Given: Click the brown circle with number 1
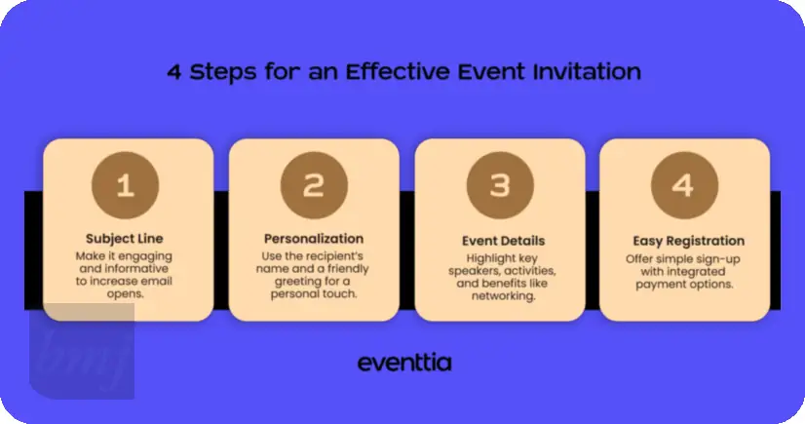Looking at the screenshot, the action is click(126, 185).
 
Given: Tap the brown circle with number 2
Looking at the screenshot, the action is click(314, 185).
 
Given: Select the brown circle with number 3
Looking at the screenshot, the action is click(500, 185).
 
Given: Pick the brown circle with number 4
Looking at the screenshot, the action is click(684, 185).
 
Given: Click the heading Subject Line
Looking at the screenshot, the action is click(124, 239).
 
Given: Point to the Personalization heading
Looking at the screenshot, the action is click(314, 239).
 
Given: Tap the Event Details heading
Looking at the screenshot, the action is click(503, 241).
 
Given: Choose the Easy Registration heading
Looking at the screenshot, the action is click(688, 242).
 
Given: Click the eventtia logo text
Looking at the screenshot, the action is click(404, 363).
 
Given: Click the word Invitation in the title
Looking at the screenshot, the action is click(587, 72).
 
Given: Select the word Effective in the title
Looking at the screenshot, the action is click(399, 72).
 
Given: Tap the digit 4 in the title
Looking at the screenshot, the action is click(174, 72).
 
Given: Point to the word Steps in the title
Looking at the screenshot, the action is click(223, 73).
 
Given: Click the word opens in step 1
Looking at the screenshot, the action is click(126, 294).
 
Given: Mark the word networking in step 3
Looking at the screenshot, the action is click(503, 296).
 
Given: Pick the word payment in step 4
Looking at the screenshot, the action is click(656, 285).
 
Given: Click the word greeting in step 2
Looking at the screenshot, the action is click(296, 282).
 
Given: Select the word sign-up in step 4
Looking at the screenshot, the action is click(714, 259).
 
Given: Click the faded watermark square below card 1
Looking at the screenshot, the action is click(82, 351).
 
